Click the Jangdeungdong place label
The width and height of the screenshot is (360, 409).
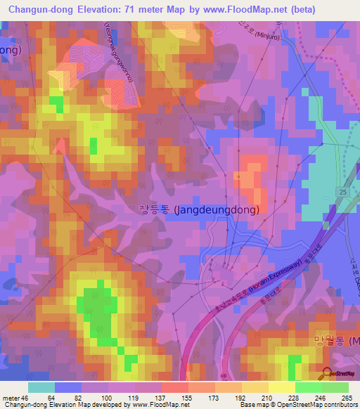(x=199, y=209)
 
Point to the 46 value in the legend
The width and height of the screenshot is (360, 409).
(x=26, y=397)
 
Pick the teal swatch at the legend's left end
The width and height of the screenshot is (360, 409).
(x=41, y=387)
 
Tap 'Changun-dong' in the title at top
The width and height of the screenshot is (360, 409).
(x=41, y=10)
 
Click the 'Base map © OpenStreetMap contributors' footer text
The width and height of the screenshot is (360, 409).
(x=296, y=405)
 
